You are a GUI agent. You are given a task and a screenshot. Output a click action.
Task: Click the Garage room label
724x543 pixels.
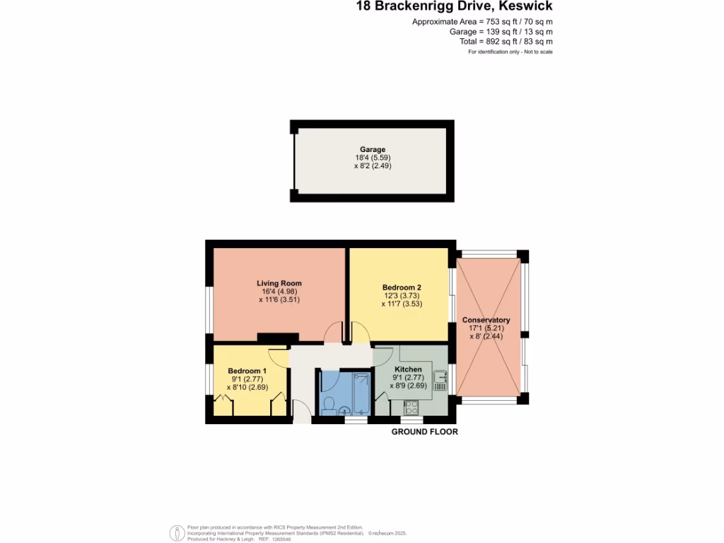click(373, 149)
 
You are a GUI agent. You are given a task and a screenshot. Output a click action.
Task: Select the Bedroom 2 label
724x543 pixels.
click(402, 287)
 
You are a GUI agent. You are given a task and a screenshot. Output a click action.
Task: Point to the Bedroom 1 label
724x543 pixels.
click(247, 370)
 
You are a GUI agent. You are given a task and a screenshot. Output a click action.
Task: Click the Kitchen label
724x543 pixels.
click(408, 370)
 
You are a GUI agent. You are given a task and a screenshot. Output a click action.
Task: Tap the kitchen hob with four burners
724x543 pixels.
click(411, 407)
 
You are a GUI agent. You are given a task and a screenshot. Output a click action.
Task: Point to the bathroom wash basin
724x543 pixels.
click(344, 411)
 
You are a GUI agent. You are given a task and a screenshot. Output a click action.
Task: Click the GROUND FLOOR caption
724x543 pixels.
click(425, 431)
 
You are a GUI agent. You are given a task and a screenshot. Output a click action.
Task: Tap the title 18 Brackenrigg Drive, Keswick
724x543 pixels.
click(453, 6)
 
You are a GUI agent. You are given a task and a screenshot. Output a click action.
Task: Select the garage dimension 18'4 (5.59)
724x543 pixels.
click(373, 158)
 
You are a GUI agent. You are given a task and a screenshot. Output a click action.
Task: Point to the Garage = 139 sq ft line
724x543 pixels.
click(501, 32)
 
